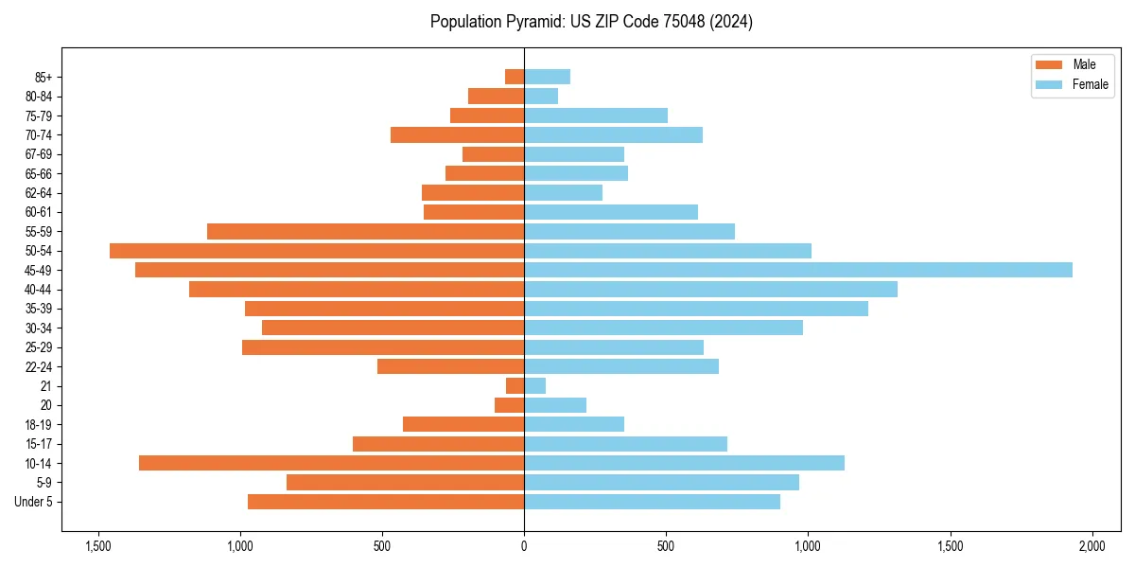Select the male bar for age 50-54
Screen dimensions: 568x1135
317,251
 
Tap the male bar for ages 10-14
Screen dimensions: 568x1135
331,463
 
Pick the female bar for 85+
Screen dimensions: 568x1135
547,77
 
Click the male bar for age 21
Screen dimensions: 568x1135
515,386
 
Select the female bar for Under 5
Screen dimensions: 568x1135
652,502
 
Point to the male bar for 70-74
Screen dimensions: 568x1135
457,135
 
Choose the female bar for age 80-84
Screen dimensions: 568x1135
541,97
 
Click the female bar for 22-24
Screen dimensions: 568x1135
620,366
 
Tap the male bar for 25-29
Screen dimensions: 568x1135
383,347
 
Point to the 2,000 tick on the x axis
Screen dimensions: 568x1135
1091,547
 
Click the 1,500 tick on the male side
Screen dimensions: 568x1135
98,547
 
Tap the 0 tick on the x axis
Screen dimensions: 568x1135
524,547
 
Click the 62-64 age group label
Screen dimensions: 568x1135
39,193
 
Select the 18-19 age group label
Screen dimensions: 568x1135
39,425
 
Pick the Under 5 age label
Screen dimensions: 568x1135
33,502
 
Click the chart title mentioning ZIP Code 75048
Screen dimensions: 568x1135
591,22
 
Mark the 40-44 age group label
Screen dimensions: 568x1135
39,290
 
